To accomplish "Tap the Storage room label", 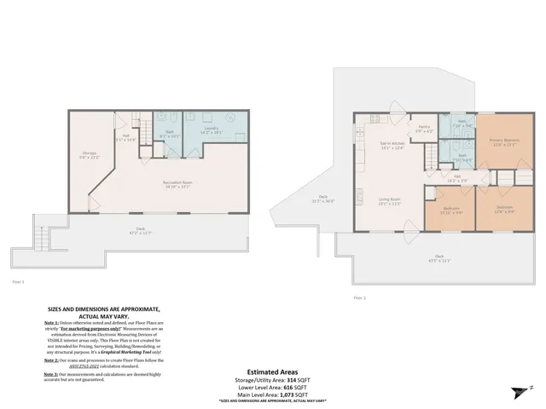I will (89, 154).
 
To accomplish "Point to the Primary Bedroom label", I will (505, 141).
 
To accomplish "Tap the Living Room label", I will (390, 202).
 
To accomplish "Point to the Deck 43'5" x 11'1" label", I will (439, 258).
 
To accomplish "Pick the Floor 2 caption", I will (359, 297).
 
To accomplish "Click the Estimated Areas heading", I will (273, 372).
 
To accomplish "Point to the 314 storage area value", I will (291, 379).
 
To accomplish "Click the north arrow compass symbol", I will (520, 392).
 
